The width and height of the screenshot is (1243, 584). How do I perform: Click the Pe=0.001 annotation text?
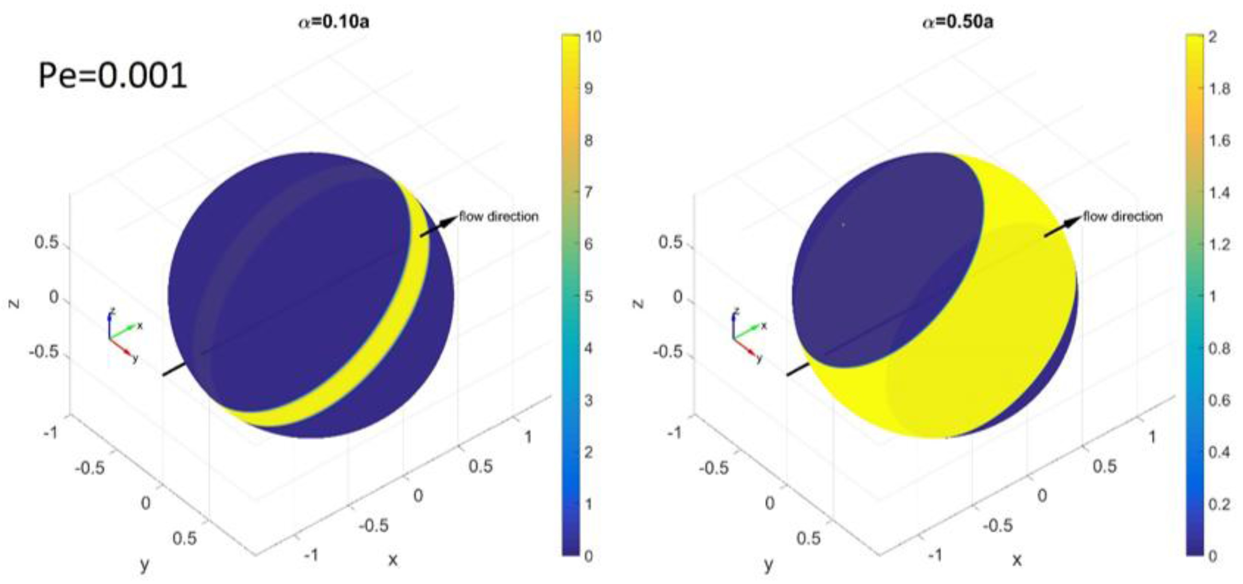[113, 76]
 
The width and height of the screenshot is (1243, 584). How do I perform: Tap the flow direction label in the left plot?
[499, 217]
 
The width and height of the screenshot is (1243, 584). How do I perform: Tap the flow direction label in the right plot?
[1123, 217]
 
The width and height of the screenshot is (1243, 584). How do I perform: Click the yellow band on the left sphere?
[338, 371]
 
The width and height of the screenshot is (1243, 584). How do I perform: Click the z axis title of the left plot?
[15, 303]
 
